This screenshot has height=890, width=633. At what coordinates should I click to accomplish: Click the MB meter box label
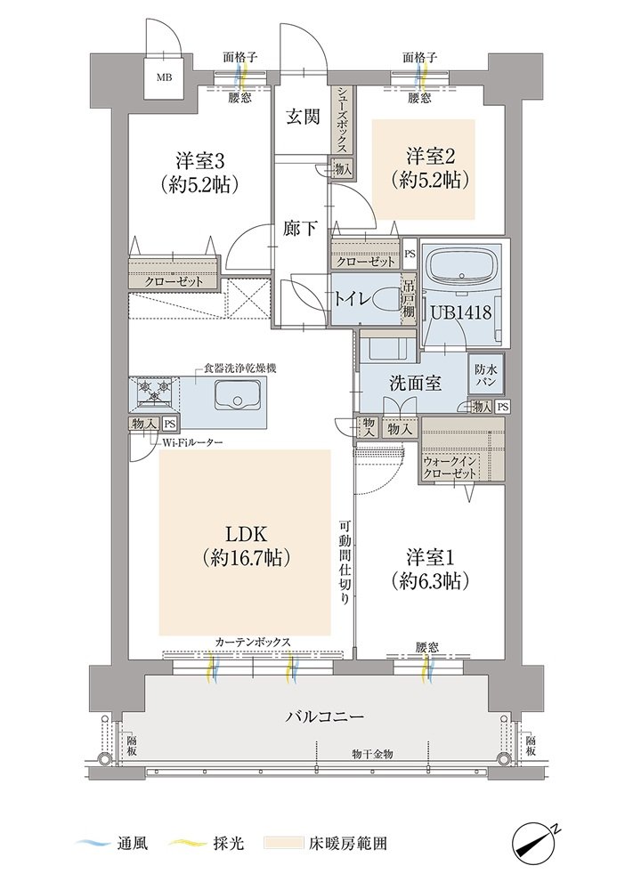166,77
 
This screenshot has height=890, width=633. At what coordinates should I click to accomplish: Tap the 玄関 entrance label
303,117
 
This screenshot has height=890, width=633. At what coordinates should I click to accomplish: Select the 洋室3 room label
199,160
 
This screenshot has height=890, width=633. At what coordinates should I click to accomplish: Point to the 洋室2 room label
430,156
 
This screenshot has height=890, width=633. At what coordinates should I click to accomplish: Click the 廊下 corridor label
300,228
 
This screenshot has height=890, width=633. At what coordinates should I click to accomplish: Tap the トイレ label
353,299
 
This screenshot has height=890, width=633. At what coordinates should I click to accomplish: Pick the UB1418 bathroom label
461,312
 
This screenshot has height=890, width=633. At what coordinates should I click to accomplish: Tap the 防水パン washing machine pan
485,375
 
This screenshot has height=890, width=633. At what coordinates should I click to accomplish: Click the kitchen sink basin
238,394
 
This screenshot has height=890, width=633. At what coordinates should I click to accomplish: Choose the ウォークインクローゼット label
450,466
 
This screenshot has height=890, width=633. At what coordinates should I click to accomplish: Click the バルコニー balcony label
323,716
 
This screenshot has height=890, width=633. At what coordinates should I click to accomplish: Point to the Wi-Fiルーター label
187,442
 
